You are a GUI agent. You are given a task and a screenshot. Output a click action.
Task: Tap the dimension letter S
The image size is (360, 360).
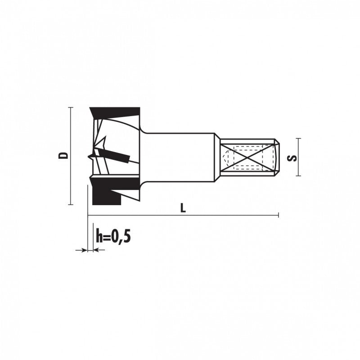292,158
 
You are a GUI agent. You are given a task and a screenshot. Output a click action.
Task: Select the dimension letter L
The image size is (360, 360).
183,208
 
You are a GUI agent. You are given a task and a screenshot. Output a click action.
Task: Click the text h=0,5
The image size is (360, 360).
113,236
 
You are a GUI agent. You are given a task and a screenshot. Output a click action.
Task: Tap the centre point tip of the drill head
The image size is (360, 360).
89,156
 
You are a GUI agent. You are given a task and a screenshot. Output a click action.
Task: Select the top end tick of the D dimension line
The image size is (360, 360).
71,107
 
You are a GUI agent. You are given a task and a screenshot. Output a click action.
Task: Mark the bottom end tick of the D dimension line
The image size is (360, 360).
71,204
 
